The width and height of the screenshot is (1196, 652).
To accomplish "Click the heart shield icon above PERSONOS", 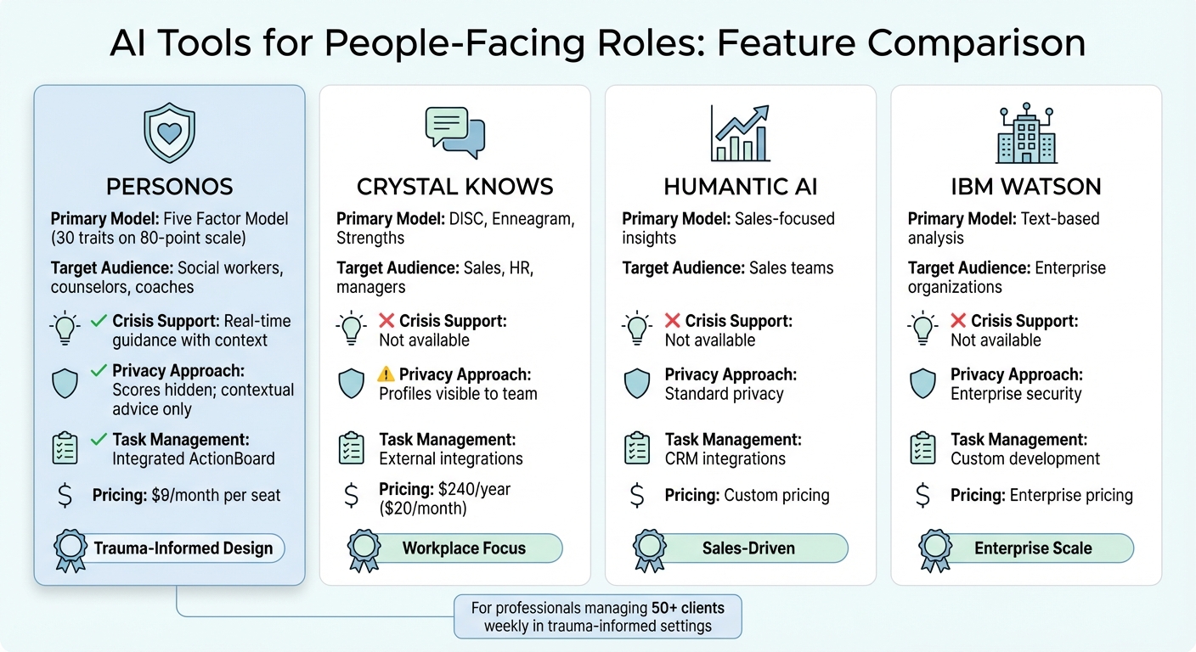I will [169, 134].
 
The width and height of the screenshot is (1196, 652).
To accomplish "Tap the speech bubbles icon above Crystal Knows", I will [454, 134].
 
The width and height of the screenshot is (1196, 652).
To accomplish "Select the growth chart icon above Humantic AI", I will [740, 134].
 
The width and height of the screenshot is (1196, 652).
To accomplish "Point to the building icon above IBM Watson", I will [1025, 134].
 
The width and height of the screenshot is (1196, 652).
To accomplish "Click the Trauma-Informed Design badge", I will [183, 548].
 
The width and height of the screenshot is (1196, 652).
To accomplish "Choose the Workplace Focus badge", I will [464, 548].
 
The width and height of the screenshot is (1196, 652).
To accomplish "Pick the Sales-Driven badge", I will [748, 548].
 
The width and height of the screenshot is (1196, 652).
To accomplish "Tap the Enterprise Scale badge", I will [1033, 548].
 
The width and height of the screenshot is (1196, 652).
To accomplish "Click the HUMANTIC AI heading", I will [740, 187].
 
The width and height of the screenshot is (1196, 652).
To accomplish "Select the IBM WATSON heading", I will [1025, 187].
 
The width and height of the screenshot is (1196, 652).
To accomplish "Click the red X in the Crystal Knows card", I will [386, 322].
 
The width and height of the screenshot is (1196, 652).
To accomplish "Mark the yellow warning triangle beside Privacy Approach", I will [386, 374].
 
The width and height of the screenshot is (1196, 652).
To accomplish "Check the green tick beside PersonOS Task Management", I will [99, 440].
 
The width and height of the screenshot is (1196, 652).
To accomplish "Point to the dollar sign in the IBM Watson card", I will [923, 496].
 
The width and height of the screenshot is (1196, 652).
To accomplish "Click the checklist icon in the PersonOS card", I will [65, 448].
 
